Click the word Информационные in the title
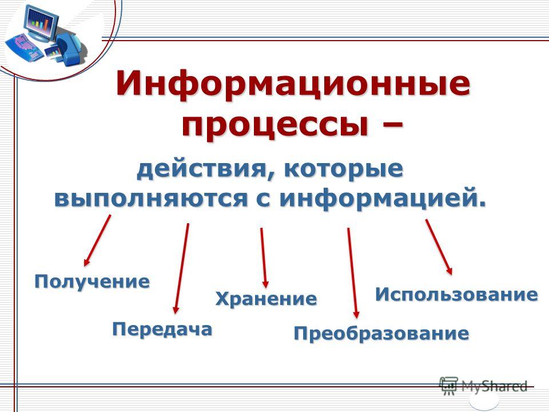[x=293, y=85]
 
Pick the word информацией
[x=382, y=199]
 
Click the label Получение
[x=92, y=282]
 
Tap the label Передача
[x=162, y=330]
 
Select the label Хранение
[x=266, y=299]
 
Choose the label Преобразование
[x=381, y=334]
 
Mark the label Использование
[x=456, y=295]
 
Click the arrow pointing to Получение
[x=97, y=240]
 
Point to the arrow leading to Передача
[x=181, y=268]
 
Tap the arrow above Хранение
[x=264, y=258]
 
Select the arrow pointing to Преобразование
[x=352, y=273]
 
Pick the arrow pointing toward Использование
[x=439, y=247]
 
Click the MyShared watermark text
[x=494, y=386]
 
